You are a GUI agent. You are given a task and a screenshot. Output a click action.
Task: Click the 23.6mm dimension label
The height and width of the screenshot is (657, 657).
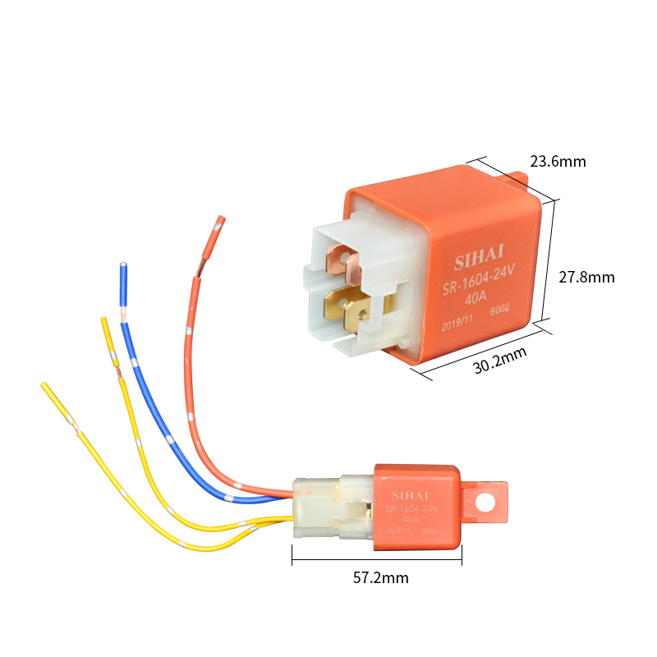point(558,161)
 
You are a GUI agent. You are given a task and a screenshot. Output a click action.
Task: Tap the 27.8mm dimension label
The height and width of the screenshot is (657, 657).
point(586,278)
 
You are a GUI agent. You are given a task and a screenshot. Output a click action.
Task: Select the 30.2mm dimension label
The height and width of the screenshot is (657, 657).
point(500,361)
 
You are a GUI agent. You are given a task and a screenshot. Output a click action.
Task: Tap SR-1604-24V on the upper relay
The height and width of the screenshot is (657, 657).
point(477,286)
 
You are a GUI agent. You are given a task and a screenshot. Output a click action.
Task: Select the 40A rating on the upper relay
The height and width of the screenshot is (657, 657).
point(476,300)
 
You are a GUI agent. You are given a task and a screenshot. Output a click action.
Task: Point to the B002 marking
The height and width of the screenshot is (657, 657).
point(500,311)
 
